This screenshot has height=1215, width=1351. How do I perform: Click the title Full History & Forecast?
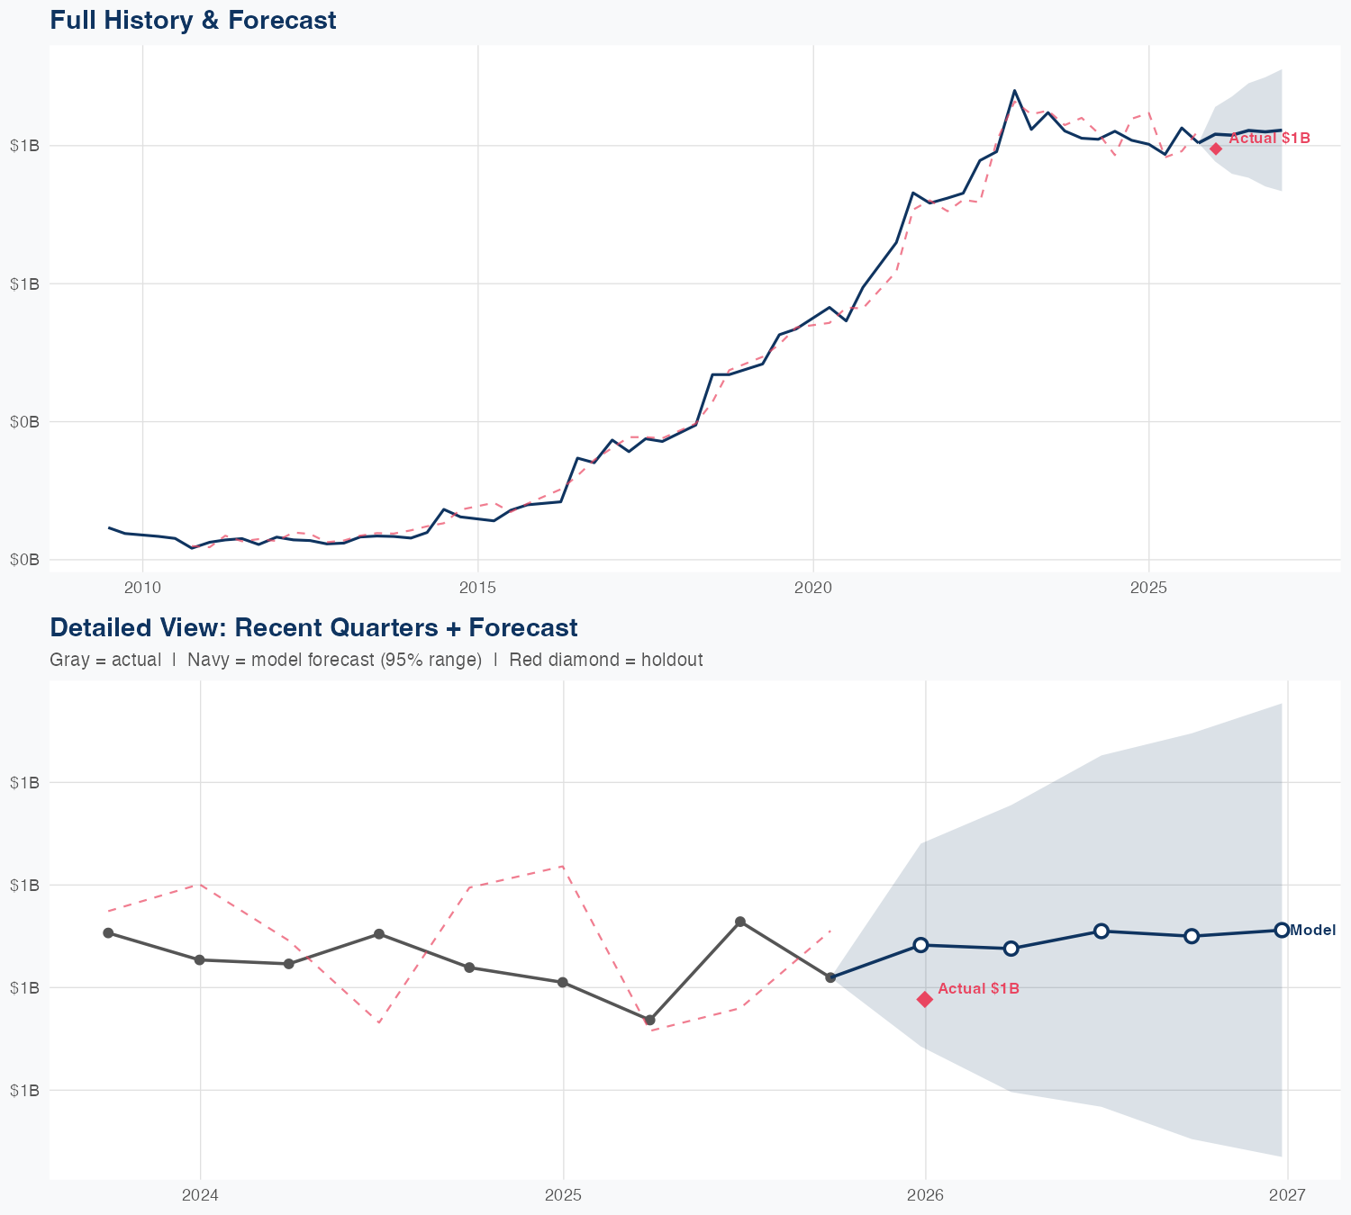point(193,20)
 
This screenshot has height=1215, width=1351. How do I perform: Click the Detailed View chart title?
point(313,627)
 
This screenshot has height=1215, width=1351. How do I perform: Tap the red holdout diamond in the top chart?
point(1216,148)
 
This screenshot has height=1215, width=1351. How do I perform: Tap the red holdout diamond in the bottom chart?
point(925,999)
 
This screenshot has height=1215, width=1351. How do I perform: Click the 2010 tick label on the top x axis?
point(142,588)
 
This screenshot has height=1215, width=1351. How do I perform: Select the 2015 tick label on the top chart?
point(477,588)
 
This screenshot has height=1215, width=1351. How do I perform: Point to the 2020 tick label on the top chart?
point(813,588)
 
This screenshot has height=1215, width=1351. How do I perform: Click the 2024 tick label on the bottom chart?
point(200,1195)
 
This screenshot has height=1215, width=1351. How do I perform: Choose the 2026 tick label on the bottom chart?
point(925,1195)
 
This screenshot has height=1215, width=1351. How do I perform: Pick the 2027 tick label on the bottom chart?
point(1287,1195)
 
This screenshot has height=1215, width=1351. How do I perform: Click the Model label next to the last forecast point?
point(1313,931)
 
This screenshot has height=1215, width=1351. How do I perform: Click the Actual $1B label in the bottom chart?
point(978,988)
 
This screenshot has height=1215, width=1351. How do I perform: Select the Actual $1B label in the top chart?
point(1269,138)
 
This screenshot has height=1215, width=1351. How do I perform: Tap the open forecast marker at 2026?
point(920,945)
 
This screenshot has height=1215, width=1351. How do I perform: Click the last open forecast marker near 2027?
point(1282,930)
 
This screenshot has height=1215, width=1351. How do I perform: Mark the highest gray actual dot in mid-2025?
point(740,922)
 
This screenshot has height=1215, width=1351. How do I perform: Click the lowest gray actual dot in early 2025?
point(649,1020)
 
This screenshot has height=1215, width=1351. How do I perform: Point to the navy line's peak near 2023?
point(1014,91)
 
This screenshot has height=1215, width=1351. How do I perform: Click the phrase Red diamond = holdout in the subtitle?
point(605,660)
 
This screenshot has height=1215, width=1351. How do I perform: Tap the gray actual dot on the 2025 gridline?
point(563,982)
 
